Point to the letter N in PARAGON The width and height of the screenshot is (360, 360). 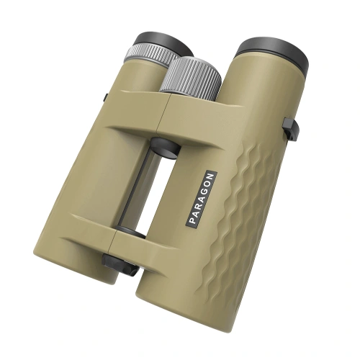210,176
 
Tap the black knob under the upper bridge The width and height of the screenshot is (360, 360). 167,147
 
